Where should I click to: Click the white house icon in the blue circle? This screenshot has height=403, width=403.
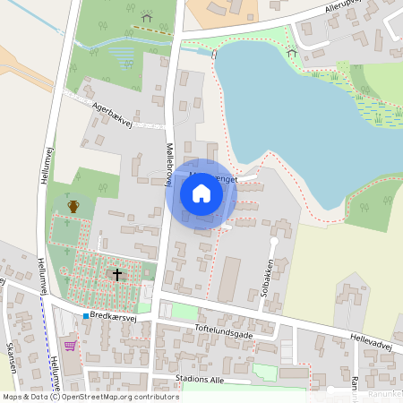pyautogui.click(x=201, y=193)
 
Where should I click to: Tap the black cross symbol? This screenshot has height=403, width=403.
pyautogui.click(x=116, y=274)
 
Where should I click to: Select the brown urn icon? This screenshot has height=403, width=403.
pyautogui.click(x=73, y=207)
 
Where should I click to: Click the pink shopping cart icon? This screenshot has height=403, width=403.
pyautogui.click(x=71, y=346)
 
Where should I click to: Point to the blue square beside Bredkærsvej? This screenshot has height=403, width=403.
pyautogui.click(x=86, y=316)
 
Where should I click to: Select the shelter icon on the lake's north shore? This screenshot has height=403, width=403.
pyautogui.click(x=291, y=52)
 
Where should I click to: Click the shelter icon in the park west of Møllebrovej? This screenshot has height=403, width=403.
pyautogui.click(x=146, y=17)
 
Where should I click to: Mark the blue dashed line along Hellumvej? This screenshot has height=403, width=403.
pyautogui.click(x=44, y=331)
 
